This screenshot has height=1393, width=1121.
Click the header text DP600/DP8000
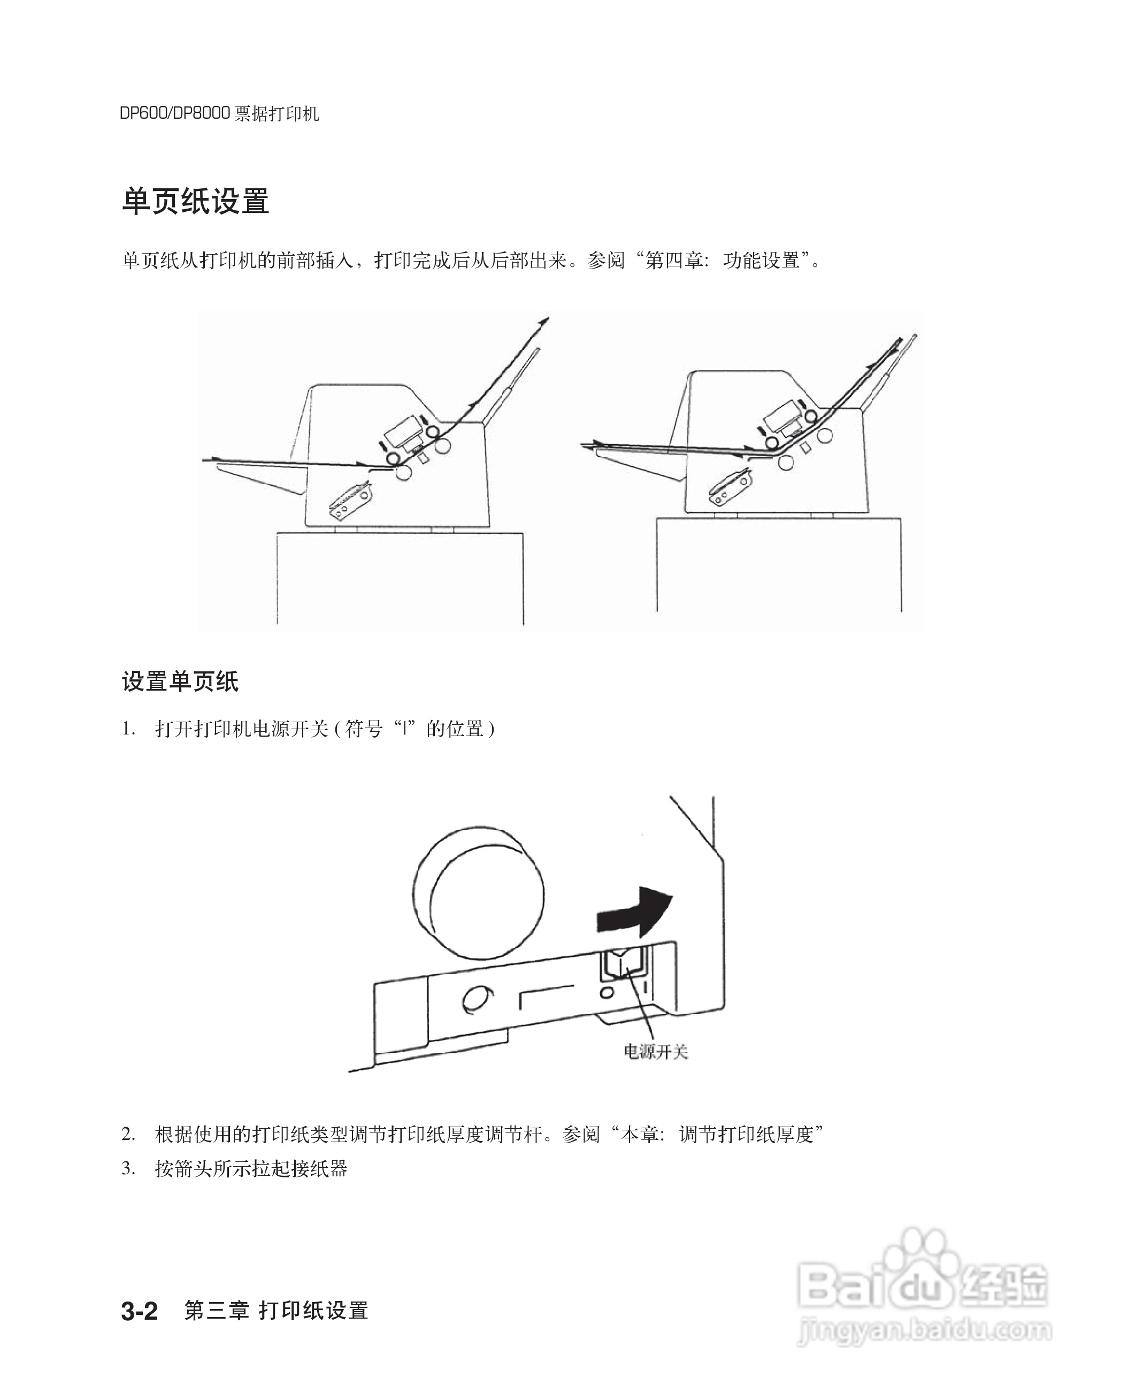pyautogui.click(x=174, y=114)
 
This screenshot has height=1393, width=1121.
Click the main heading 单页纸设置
pyautogui.click(x=195, y=201)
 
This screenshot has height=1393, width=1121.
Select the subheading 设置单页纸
pyautogui.click(x=180, y=681)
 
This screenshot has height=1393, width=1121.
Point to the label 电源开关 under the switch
pyautogui.click(x=655, y=1051)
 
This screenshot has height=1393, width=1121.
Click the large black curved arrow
pyautogui.click(x=636, y=912)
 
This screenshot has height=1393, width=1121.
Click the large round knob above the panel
pyautogui.click(x=478, y=892)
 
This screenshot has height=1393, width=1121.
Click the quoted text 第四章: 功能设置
pyautogui.click(x=723, y=261)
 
